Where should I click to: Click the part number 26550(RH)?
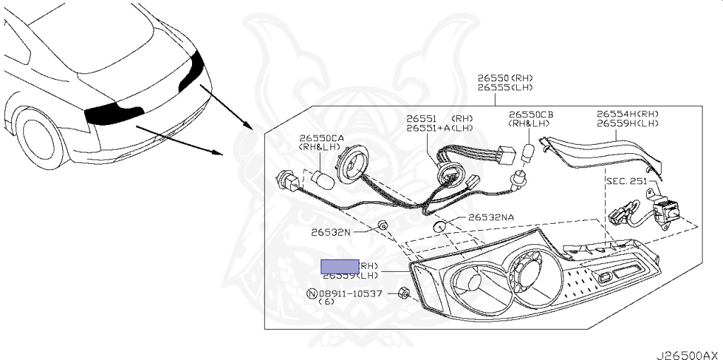click(505, 78)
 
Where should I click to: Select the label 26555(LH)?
click(505, 88)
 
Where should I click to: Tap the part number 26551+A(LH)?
click(438, 128)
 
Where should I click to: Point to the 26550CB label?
click(531, 114)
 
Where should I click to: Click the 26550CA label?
click(321, 138)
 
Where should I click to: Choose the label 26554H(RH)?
click(628, 114)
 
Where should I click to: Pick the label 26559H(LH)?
click(628, 124)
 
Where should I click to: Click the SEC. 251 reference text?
click(626, 181)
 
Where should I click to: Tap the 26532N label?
click(332, 232)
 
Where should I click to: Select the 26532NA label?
click(491, 218)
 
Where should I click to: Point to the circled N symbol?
click(311, 293)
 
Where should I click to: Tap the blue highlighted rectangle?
click(340, 266)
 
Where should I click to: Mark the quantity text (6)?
click(326, 302)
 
